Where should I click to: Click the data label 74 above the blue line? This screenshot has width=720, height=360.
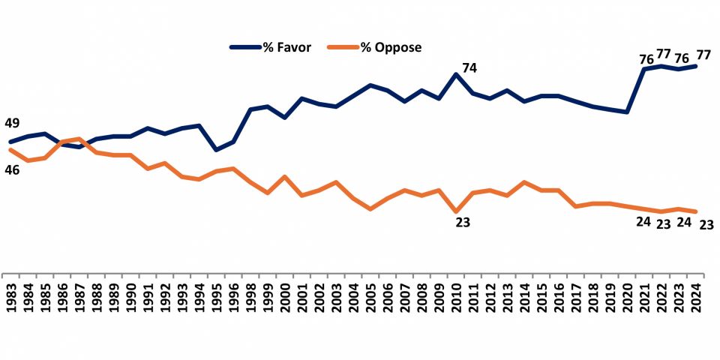click(469, 68)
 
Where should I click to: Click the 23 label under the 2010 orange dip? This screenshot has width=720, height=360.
click(463, 222)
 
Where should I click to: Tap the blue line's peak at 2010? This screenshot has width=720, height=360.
click(456, 74)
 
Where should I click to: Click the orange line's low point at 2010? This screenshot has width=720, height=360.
click(456, 212)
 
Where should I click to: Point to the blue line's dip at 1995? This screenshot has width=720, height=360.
click(216, 150)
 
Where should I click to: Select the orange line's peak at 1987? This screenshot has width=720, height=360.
click(79, 139)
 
